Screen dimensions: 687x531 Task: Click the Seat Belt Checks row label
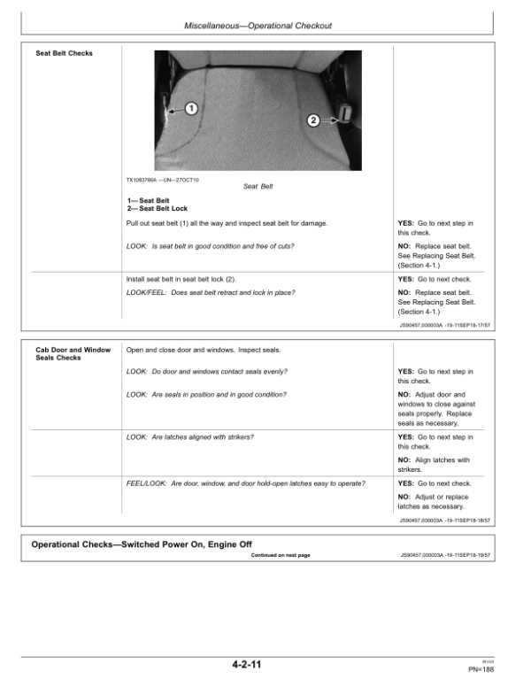[64, 53]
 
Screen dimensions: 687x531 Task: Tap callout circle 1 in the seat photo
[191, 108]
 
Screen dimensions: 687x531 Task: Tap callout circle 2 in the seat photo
[312, 120]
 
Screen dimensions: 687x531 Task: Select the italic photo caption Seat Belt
[258, 187]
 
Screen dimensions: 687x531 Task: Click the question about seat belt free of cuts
[211, 245]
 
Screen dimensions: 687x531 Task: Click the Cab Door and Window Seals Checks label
[64, 353]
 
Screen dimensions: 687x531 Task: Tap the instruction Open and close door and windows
[205, 350]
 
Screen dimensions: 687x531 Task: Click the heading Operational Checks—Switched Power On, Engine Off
[142, 544]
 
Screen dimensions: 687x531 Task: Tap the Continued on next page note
[281, 555]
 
